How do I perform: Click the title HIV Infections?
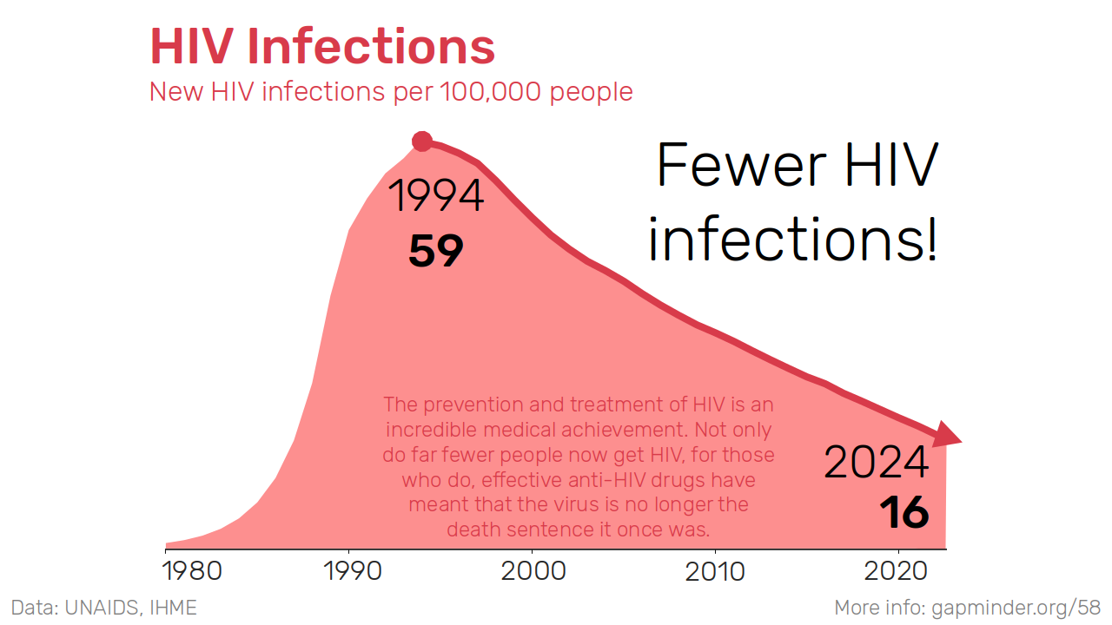(x=322, y=47)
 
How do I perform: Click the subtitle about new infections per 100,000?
(x=391, y=91)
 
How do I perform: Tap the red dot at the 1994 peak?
(x=422, y=141)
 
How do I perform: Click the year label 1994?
(x=436, y=196)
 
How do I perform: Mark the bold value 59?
(x=436, y=251)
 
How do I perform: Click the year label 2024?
(x=876, y=462)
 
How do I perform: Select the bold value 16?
(x=903, y=513)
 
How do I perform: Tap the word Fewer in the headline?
(x=730, y=165)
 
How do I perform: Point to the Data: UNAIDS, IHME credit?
(x=103, y=608)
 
